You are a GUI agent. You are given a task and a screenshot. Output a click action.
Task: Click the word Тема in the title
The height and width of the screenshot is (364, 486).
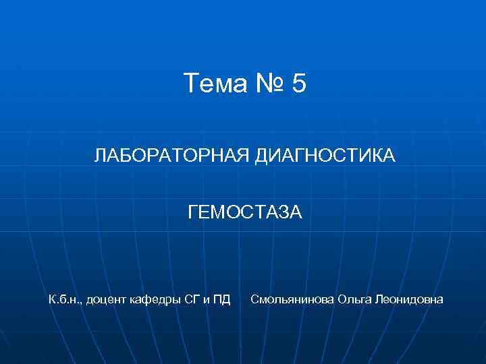(215, 84)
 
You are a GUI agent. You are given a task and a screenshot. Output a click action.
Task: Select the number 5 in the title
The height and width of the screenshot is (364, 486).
(300, 84)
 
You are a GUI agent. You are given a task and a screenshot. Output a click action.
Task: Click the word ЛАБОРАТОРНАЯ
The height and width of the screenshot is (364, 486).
(172, 156)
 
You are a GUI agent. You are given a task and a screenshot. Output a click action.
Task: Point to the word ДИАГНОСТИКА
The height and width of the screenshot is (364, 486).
(325, 156)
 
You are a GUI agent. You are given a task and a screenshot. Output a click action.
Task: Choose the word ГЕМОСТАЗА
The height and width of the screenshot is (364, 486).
(245, 213)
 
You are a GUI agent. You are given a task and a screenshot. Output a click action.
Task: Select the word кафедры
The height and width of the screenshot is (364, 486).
(157, 299)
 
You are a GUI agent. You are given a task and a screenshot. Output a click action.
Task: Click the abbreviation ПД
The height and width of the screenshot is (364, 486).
(221, 299)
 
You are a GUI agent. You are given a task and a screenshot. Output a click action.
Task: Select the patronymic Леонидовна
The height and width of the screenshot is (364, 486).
(410, 299)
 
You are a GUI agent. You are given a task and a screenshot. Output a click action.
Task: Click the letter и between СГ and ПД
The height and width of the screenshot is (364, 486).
(207, 299)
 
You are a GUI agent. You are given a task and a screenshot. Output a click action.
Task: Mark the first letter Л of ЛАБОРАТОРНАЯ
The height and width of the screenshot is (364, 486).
(99, 156)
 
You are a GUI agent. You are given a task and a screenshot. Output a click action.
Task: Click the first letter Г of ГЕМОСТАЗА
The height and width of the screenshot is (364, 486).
(192, 213)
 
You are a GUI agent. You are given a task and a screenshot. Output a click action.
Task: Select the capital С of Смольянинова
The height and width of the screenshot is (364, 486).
(254, 299)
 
